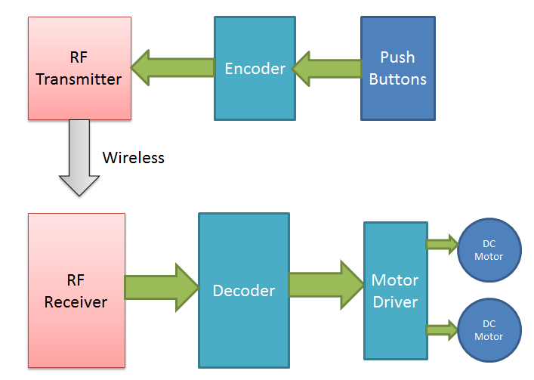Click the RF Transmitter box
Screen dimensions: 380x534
pyautogui.click(x=79, y=68)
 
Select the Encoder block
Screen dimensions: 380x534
pyautogui.click(x=255, y=68)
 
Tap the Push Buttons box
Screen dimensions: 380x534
pyautogui.click(x=398, y=68)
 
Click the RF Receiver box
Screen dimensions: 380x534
pyautogui.click(x=76, y=291)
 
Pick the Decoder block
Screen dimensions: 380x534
pyautogui.click(x=243, y=290)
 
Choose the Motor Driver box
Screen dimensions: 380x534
pyautogui.click(x=395, y=290)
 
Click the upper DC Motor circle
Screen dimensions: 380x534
pyautogui.click(x=489, y=250)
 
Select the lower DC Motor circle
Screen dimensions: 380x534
pyautogui.click(x=489, y=330)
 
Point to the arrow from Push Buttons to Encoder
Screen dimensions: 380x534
pyautogui.click(x=326, y=69)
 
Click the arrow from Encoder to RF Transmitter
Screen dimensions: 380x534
pyautogui.click(x=172, y=69)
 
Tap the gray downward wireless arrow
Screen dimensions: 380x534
pyautogui.click(x=79, y=159)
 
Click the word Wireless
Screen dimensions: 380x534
pyautogui.click(x=133, y=158)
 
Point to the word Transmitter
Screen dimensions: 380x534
pyautogui.click(x=79, y=79)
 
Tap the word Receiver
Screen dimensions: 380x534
pyautogui.click(x=76, y=302)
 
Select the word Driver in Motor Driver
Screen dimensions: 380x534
pyautogui.click(x=395, y=301)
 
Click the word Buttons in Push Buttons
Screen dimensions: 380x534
pyautogui.click(x=398, y=79)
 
